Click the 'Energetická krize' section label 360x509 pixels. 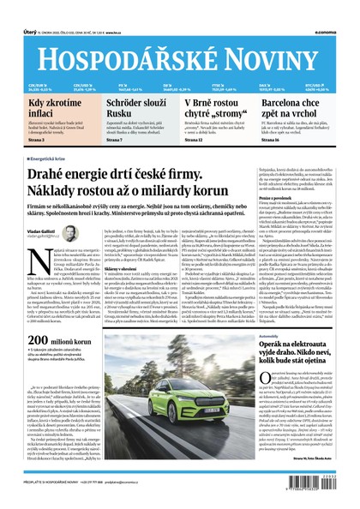[56, 159]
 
